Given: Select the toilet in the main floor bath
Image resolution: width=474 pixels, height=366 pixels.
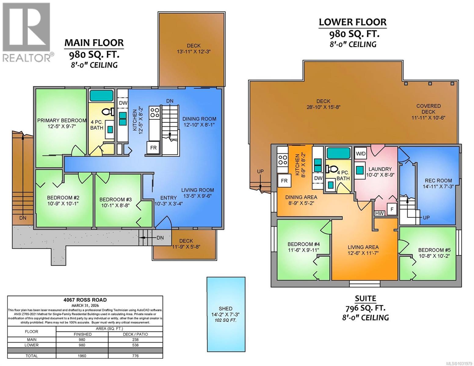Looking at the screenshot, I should tap(107, 113).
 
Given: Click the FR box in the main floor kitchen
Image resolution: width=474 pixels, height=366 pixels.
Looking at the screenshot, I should tap(153, 148).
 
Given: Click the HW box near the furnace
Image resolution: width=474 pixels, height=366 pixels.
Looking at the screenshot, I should tap(379, 213).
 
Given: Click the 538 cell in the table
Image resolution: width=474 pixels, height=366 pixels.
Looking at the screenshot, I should tap(135, 345).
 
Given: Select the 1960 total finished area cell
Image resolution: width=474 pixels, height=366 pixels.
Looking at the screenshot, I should tap(82, 356).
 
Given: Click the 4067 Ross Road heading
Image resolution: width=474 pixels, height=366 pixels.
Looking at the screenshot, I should tap(85, 300).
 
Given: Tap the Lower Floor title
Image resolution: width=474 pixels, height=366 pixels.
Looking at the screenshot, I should tap(353, 22).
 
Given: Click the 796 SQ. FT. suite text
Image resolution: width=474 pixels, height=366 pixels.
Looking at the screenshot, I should tap(365, 308).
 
